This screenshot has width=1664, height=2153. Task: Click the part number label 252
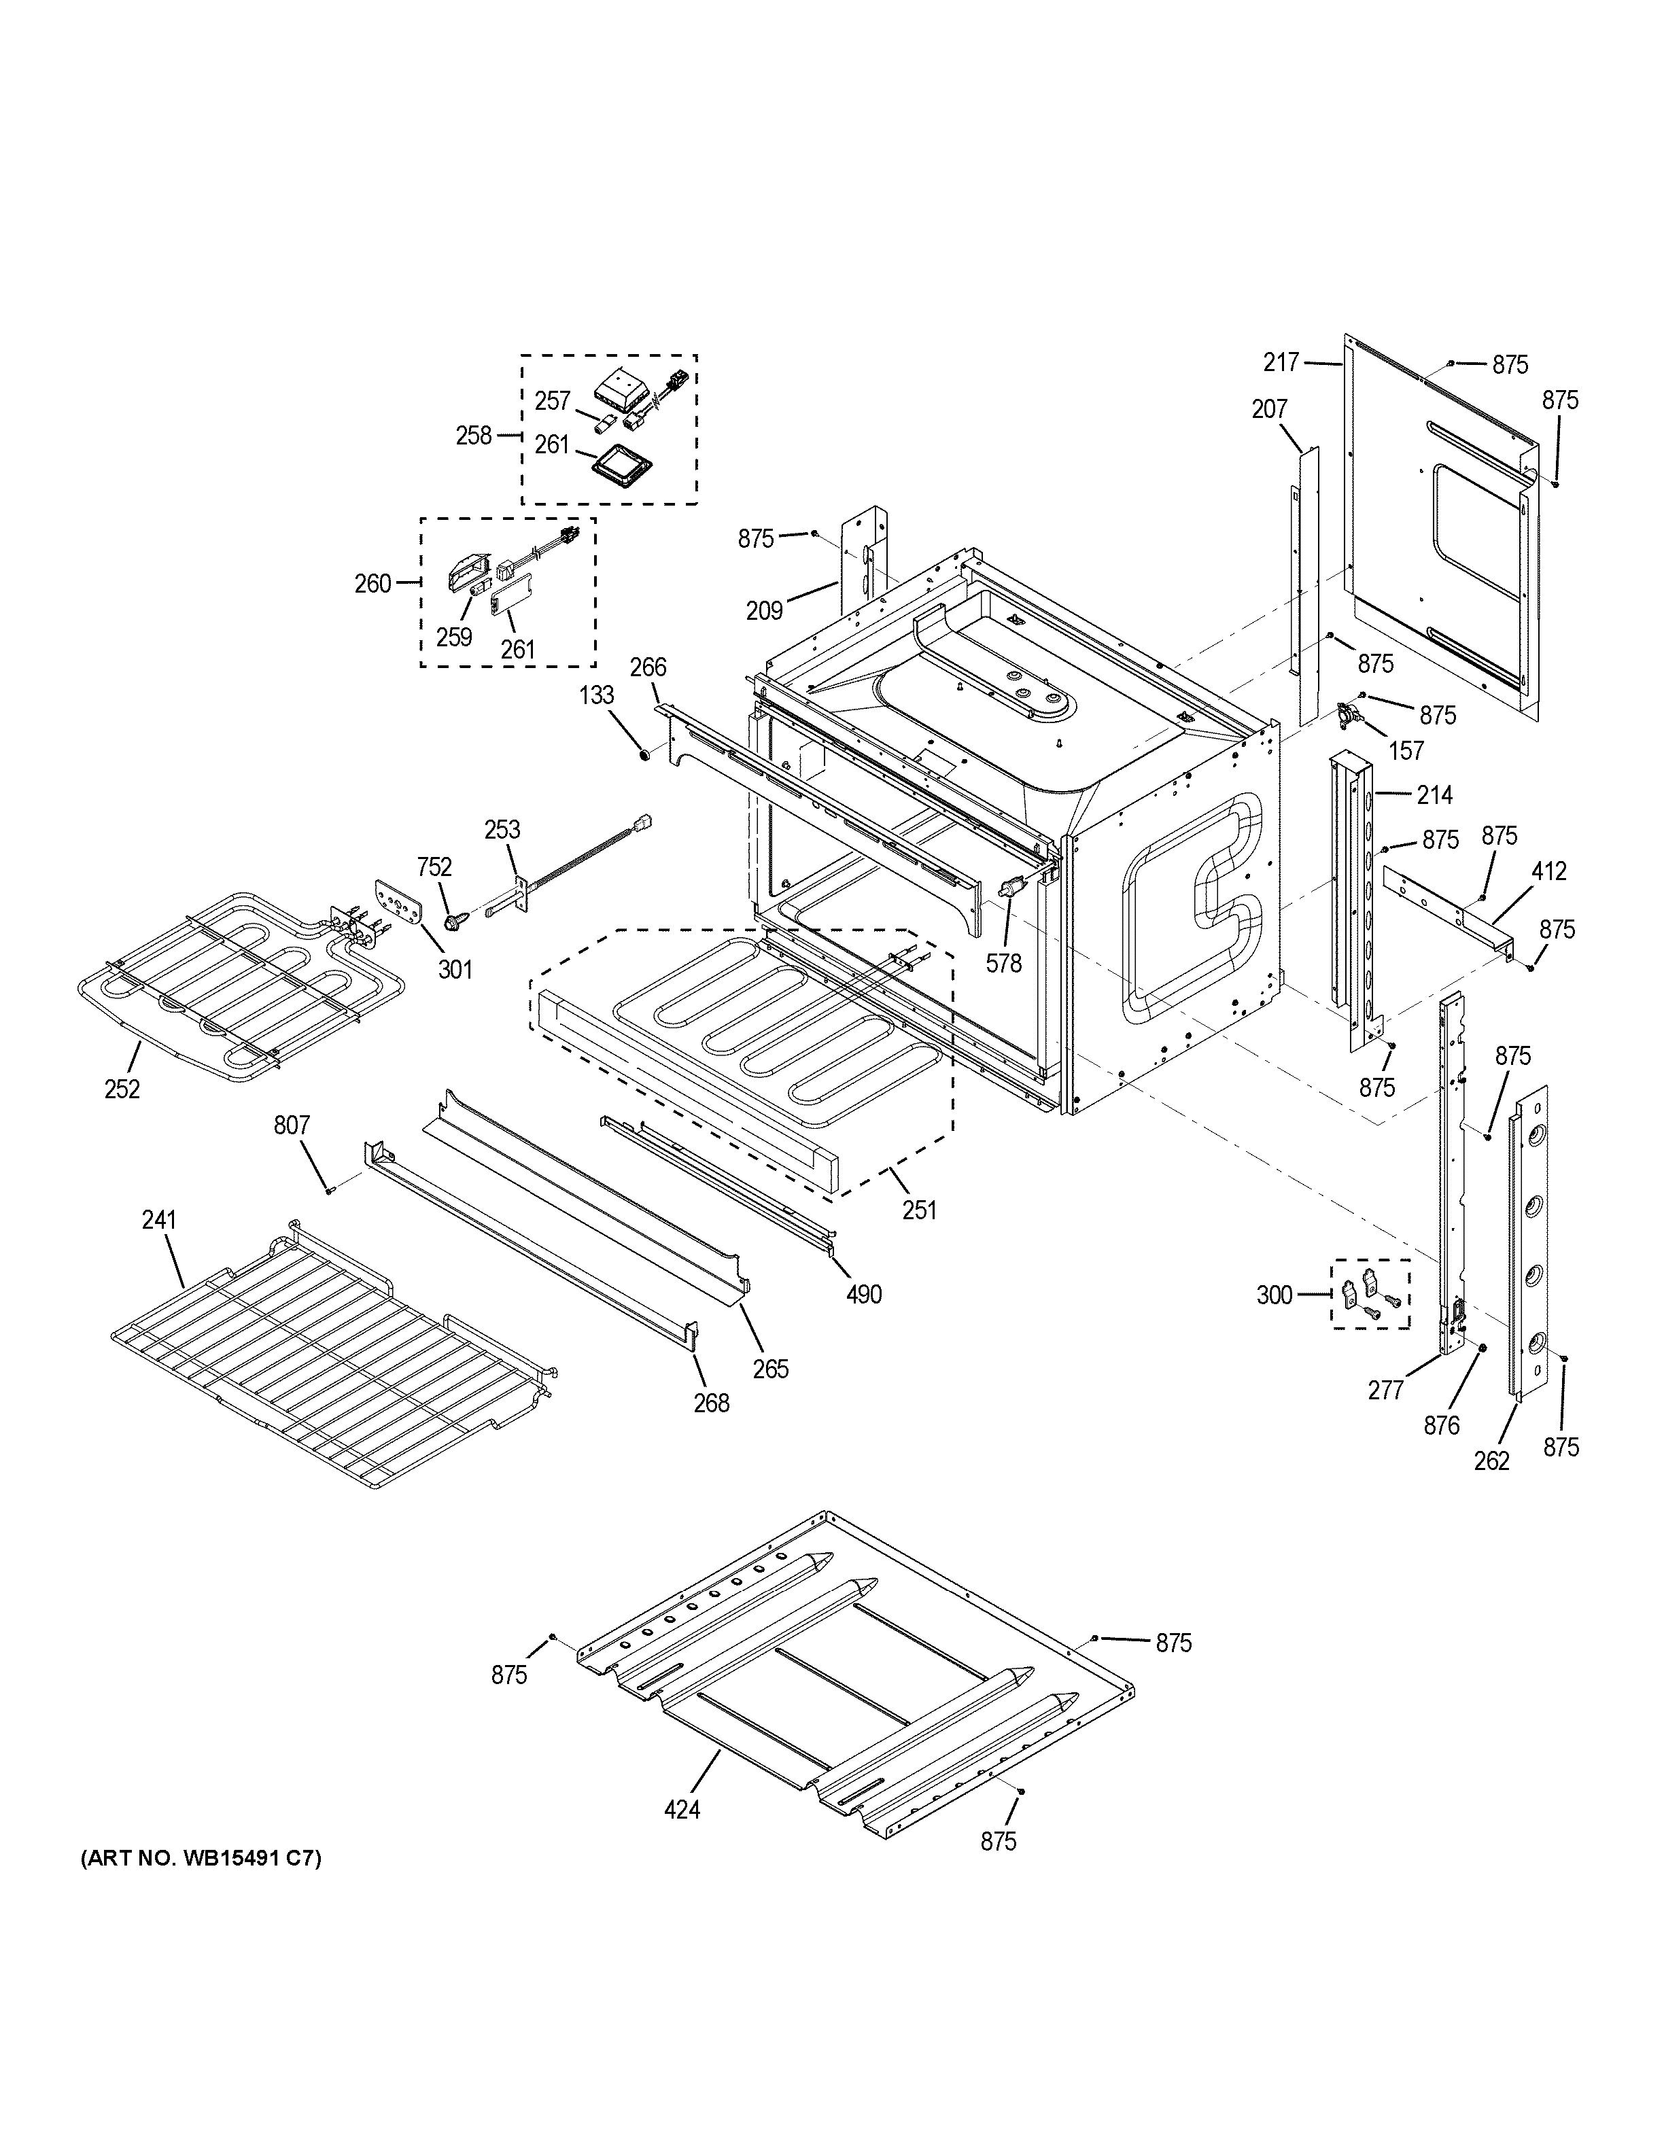point(122,1089)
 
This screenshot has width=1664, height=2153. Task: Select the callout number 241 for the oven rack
point(158,1221)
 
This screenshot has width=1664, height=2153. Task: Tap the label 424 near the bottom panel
point(682,1809)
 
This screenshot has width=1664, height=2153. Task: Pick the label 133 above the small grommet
point(596,696)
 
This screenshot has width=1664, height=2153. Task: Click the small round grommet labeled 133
point(644,755)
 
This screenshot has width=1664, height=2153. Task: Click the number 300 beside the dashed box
point(1274,1295)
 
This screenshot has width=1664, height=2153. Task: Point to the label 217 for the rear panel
point(1281,363)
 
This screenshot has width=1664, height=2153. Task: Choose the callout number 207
point(1270,408)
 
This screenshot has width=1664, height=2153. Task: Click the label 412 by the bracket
point(1548,871)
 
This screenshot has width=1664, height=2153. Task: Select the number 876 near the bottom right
point(1441,1424)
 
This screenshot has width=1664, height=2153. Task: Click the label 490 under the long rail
point(863,1295)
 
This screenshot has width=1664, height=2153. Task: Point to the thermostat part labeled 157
point(1347,715)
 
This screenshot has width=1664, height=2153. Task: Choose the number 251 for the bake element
point(919,1210)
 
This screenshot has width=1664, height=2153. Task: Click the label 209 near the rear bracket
point(764,611)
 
